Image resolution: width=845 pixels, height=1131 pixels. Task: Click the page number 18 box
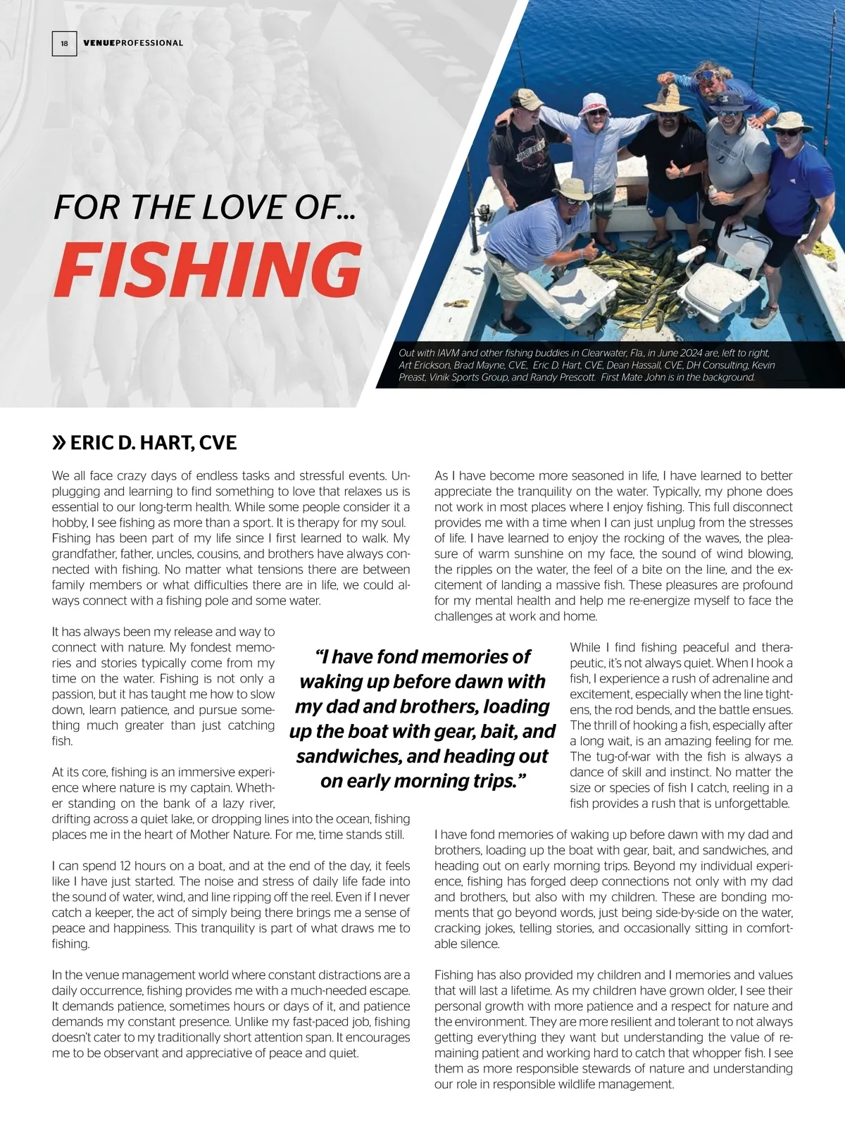(64, 44)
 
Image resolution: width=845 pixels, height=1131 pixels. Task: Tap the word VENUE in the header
(98, 43)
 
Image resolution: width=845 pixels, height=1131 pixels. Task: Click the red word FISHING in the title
(207, 270)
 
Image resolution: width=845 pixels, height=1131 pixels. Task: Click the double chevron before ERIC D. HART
(59, 443)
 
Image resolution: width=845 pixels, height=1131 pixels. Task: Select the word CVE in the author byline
(218, 443)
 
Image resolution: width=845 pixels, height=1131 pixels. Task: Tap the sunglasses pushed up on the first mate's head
(705, 75)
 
